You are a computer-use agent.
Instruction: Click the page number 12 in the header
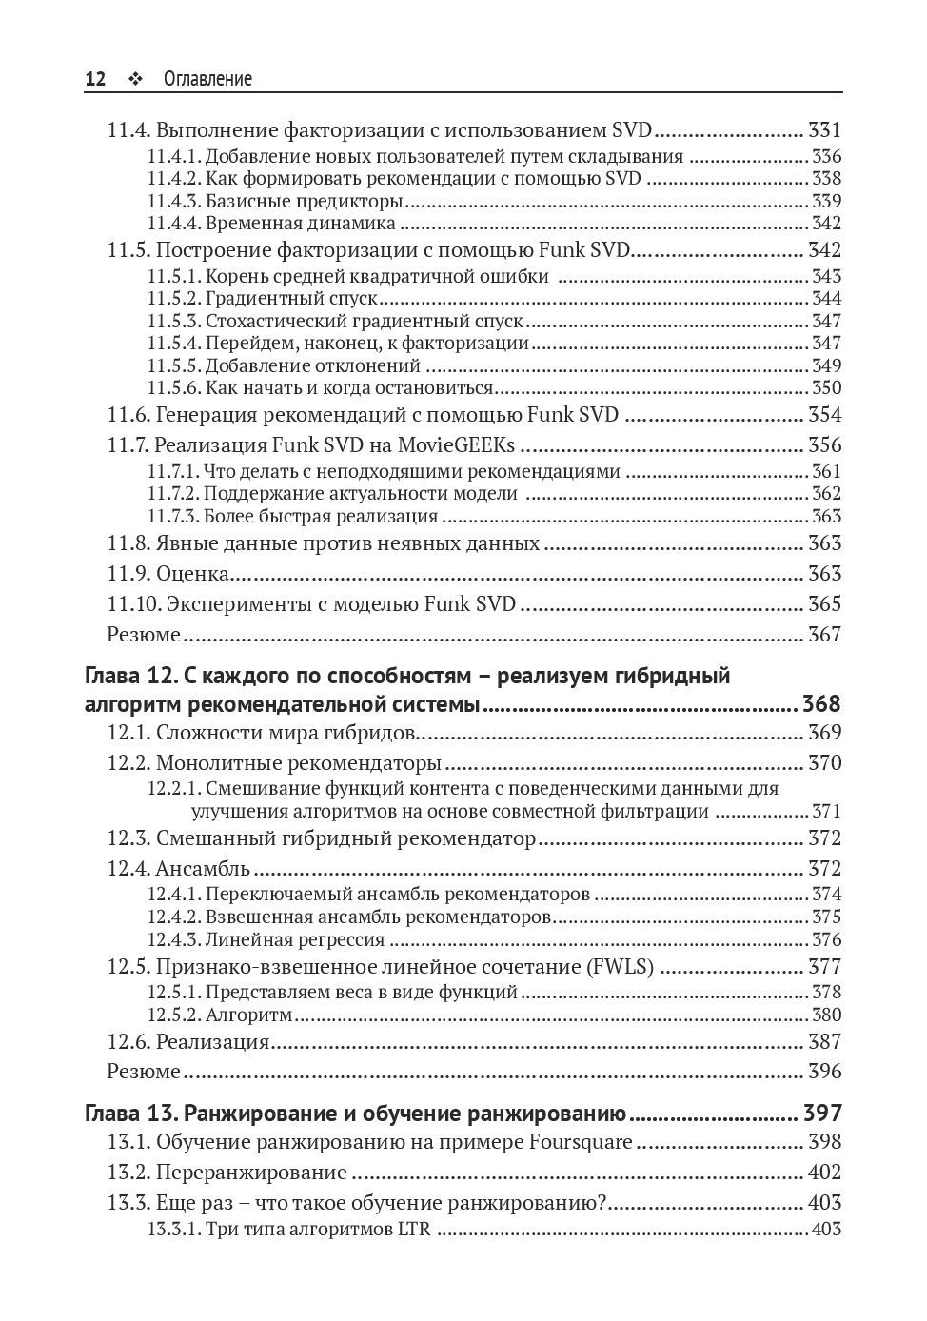pos(95,79)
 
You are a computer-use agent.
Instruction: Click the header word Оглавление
pos(207,79)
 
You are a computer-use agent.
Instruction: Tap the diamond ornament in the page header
pos(134,80)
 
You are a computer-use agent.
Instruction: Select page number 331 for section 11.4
pos(824,130)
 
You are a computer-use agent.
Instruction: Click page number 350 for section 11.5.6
pos(826,387)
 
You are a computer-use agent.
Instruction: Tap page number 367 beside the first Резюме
pos(824,634)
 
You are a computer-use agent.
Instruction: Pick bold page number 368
pos(821,704)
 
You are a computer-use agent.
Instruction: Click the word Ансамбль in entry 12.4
pos(203,868)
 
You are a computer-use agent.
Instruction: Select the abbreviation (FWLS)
pos(620,967)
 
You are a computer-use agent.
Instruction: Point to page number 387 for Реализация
pos(824,1041)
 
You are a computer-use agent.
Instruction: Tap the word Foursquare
pos(580,1142)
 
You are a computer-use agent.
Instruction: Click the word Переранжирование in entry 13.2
pos(251,1173)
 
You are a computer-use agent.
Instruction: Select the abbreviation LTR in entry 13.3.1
pos(413,1229)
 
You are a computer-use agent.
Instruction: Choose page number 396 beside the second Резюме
pos(824,1071)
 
